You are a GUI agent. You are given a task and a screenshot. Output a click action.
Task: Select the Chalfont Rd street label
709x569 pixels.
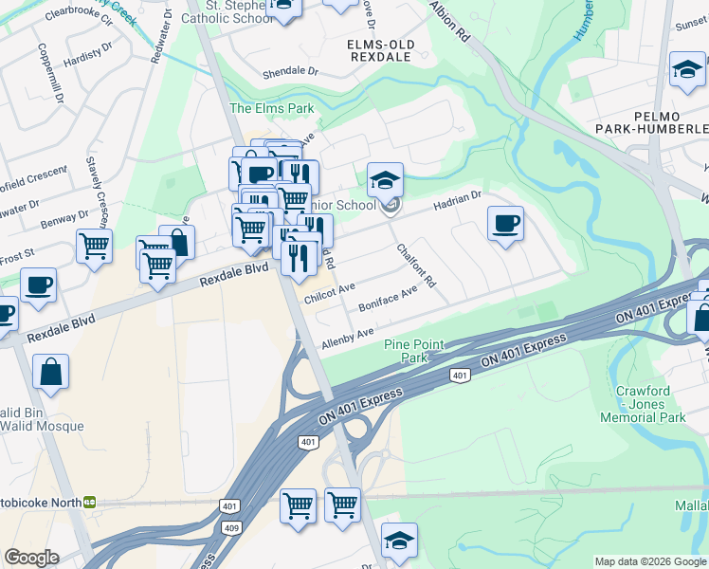click(416, 266)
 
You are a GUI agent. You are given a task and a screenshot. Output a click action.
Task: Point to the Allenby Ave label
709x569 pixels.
click(348, 337)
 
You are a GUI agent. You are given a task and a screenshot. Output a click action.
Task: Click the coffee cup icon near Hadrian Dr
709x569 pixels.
click(505, 225)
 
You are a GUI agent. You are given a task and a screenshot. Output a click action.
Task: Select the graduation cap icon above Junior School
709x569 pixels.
click(386, 180)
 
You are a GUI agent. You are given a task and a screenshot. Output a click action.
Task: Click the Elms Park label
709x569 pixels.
click(271, 108)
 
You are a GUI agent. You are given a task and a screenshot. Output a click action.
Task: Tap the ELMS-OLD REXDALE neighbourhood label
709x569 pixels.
click(379, 50)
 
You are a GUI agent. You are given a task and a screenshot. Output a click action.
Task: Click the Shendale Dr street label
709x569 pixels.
click(289, 72)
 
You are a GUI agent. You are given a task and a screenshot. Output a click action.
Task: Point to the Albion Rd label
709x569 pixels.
click(449, 20)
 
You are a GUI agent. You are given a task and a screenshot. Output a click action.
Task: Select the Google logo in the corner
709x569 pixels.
click(31, 558)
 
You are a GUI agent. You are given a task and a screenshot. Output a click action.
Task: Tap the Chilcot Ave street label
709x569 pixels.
click(329, 292)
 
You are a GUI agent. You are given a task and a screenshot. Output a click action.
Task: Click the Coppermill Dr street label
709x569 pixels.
click(49, 72)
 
